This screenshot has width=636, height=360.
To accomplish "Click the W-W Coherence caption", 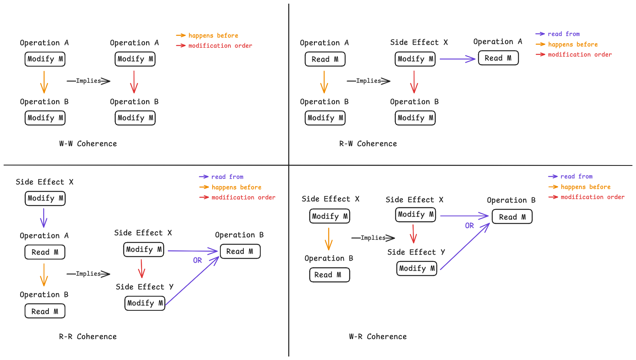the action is tap(88, 144).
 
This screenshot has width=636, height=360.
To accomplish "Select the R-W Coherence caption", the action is tap(368, 144).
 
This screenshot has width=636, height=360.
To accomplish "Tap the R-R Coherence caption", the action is tap(88, 337).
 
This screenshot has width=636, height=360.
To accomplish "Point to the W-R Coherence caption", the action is tap(378, 337).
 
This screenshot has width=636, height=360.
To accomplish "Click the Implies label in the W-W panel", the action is tap(88, 81).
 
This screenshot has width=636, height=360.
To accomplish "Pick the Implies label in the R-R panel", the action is tap(88, 274).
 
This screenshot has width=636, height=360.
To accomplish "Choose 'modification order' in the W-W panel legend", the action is tap(220, 46).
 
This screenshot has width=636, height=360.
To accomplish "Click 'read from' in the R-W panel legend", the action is tap(564, 34).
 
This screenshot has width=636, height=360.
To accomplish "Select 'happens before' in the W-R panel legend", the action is tap(586, 187).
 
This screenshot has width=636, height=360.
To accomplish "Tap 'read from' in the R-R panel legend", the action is tap(228, 177).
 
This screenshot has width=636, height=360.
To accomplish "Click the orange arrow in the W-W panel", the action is tap(44, 82).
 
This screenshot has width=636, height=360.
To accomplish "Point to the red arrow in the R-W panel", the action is tap(414, 82).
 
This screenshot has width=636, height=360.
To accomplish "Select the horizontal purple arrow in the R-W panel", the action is tap(457, 59).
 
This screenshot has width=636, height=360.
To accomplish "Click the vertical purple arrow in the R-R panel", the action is tap(44, 218).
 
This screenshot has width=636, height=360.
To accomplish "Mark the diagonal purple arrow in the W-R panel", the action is tap(465, 246).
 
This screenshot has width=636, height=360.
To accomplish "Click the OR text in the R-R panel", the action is tap(197, 260).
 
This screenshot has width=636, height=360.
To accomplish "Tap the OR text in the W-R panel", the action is tap(469, 226).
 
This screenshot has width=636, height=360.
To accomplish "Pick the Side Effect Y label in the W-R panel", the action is tap(416, 252).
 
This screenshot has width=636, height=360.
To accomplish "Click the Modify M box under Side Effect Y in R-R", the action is tap(145, 303).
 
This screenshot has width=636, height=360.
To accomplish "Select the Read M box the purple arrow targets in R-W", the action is tap(498, 58).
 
